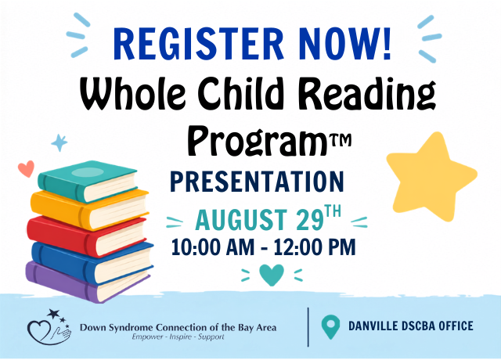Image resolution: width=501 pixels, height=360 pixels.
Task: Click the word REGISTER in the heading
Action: tap(198, 44)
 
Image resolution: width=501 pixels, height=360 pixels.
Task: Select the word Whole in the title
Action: tap(132, 93)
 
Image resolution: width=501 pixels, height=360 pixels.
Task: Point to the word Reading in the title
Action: tap(368, 95)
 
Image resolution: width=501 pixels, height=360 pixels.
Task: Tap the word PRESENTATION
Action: tap(257, 182)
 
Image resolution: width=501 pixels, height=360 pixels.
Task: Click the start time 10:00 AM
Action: tap(213, 247)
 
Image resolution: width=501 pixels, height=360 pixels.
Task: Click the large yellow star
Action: tap(431, 178)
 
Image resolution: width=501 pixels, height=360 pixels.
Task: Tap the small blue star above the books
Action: tap(59, 142)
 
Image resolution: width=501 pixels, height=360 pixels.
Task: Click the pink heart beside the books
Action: tap(26, 168)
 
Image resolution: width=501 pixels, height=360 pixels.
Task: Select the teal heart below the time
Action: tap(272, 275)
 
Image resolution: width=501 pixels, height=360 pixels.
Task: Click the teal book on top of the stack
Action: tap(88, 181)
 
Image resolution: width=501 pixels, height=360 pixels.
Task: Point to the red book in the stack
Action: tap(86, 236)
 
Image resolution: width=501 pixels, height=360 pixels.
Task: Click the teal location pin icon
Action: tap(330, 326)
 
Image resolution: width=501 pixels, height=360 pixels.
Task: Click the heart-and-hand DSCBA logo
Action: tap(49, 327)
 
